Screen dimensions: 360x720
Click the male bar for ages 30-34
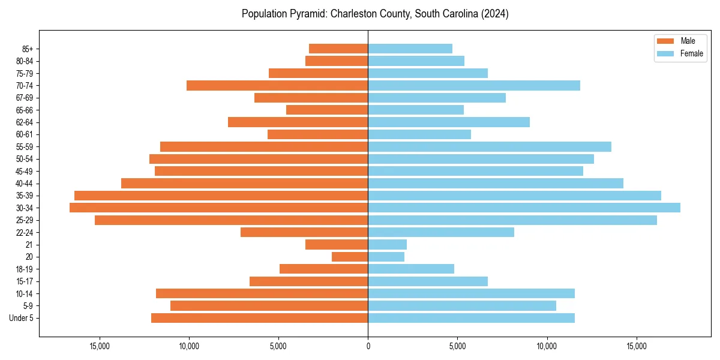tap(219, 208)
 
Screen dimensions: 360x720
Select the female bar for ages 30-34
tap(524, 208)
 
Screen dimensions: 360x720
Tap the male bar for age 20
tap(350, 257)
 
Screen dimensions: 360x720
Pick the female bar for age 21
tap(387, 245)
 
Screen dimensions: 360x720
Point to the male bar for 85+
tap(338, 49)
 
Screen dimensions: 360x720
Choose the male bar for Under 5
tap(259, 318)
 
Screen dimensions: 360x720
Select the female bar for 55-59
tap(490, 147)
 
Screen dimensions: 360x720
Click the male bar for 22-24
tap(304, 232)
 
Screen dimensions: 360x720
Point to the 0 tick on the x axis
tap(368, 346)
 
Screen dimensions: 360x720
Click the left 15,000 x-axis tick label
tap(100, 346)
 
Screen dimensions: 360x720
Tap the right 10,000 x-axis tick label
tap(547, 346)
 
